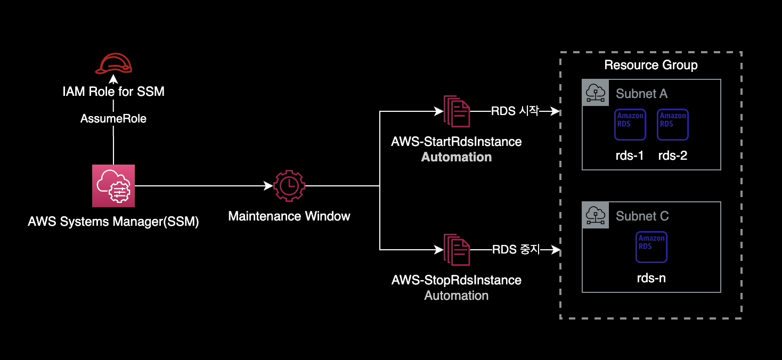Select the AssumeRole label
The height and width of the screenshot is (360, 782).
(x=113, y=119)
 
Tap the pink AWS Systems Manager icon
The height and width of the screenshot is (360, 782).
(x=113, y=185)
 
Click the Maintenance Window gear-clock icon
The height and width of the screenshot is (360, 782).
(x=289, y=186)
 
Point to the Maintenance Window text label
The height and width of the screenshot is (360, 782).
(x=289, y=216)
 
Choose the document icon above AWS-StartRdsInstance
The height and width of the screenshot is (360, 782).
(x=457, y=111)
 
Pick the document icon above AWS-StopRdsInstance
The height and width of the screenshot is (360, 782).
(x=457, y=249)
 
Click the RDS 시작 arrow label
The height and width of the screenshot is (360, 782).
(x=515, y=111)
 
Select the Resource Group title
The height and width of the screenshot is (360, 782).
(x=651, y=66)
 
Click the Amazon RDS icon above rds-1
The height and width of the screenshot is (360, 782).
(x=630, y=124)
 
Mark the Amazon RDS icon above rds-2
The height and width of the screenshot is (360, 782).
(x=673, y=124)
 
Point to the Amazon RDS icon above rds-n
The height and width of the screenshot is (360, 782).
(x=651, y=247)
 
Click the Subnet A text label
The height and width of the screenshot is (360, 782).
(x=641, y=94)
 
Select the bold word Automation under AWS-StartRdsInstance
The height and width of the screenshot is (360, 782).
(x=457, y=157)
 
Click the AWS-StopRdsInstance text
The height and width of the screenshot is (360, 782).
(x=457, y=280)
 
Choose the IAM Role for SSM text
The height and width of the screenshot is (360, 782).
(x=113, y=92)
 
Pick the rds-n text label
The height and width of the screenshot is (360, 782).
(x=651, y=277)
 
